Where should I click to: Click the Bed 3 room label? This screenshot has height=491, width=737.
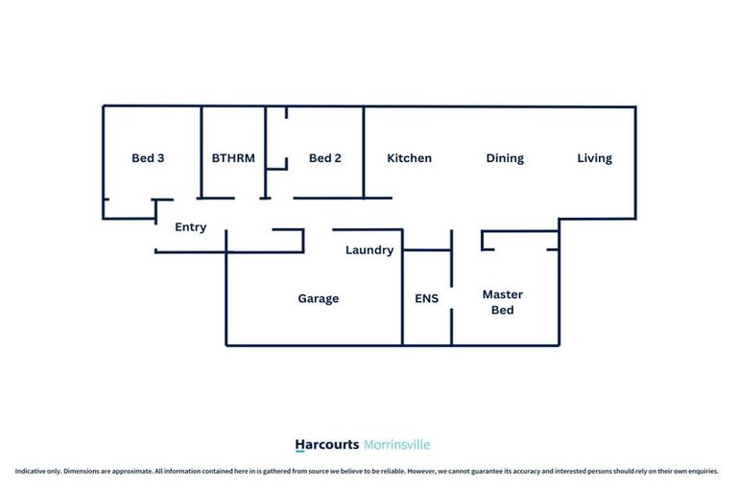coord(148,158)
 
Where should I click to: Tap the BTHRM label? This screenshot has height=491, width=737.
coord(233,158)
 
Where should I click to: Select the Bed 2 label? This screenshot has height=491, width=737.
coord(324,158)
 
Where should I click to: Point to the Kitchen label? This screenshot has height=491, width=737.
coord(409,158)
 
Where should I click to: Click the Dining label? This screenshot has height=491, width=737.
coord(505,158)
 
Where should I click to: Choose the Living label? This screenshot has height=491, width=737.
coord(594,158)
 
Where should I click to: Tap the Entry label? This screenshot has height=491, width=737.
coord(190,227)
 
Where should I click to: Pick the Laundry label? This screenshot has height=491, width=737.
coord(369,250)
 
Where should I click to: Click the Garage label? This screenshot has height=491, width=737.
coord(318,298)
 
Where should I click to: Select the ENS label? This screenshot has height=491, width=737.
coord(426,298)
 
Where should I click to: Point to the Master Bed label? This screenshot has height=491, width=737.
coord(503,302)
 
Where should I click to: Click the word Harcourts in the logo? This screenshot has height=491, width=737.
coord(327,445)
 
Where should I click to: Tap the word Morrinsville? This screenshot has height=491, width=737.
coord(397,445)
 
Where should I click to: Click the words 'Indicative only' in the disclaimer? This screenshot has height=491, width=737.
coord(34,471)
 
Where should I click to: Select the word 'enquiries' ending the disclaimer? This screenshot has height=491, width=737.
coord(703,471)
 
